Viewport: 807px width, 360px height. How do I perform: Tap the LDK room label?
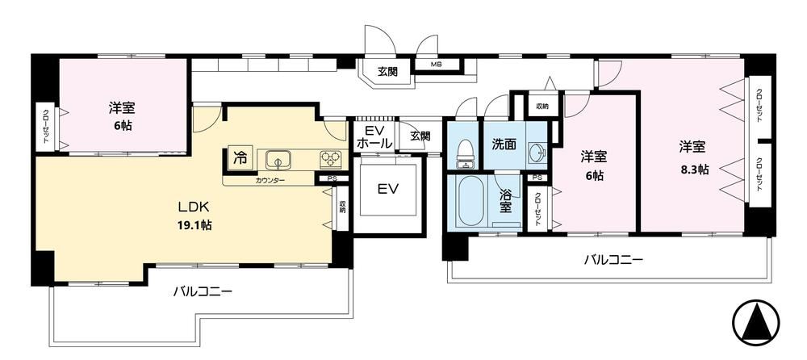click(193, 207)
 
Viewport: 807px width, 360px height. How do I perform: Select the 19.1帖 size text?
click(193, 225)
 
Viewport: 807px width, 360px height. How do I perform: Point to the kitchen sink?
click(278, 160)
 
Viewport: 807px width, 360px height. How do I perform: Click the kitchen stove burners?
click(330, 160)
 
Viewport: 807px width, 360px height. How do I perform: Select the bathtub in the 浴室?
click(471, 201)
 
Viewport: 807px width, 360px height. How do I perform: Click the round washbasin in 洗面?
click(537, 153)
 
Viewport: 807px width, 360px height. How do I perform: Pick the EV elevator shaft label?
click(389, 190)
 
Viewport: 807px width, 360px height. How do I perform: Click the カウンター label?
click(270, 180)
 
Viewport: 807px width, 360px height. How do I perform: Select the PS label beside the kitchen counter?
click(331, 178)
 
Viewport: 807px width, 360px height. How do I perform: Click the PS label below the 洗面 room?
click(537, 178)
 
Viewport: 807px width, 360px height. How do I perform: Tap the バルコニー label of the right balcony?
click(613, 260)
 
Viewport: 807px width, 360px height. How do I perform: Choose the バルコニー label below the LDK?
click(203, 291)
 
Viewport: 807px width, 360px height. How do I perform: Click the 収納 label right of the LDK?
click(341, 206)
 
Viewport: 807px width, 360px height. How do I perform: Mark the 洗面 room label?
click(504, 144)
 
